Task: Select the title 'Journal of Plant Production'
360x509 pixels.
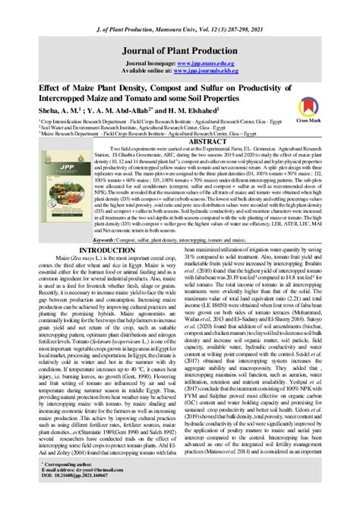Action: tap(179, 29)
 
